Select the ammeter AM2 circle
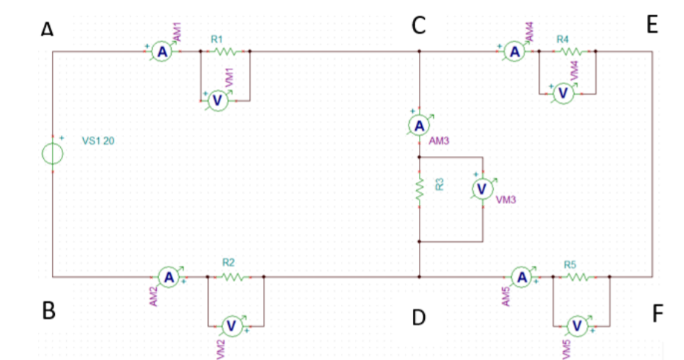169,277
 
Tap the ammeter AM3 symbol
420,125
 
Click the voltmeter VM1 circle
217,100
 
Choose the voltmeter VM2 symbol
230,325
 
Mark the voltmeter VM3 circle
483,189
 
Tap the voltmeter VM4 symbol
563,93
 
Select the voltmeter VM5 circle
576,325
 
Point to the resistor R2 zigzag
232,277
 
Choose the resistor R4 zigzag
570,52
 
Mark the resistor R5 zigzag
580,277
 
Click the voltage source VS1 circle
53,154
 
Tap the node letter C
419,26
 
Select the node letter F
657,314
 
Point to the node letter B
49,311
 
